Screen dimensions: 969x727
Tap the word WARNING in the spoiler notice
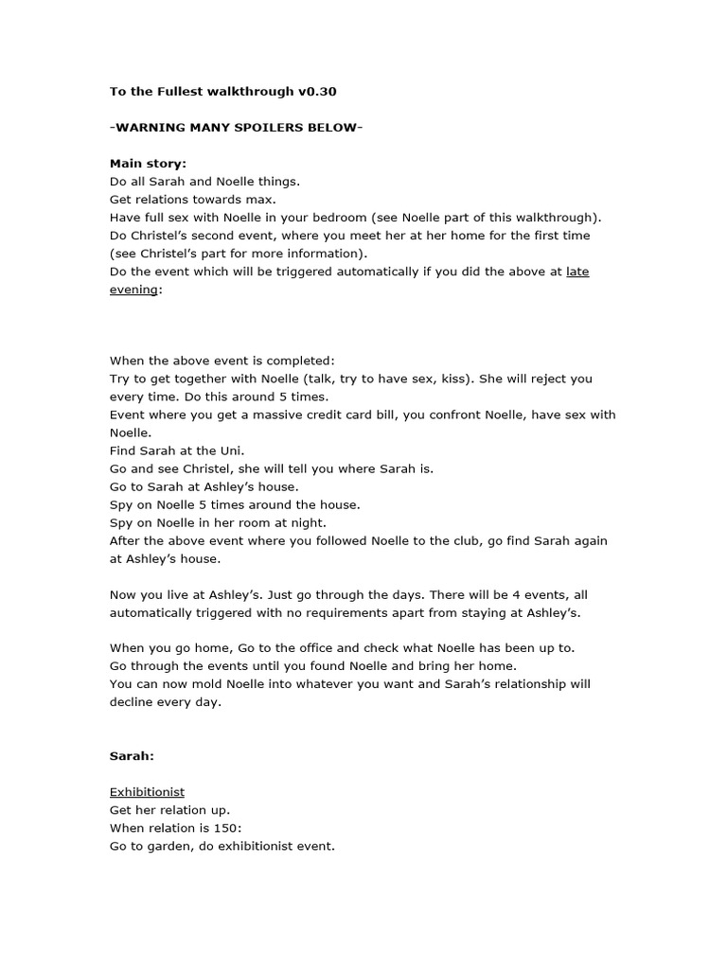[x=151, y=128]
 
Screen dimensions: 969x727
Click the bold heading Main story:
[x=148, y=164]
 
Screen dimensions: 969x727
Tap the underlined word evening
[x=133, y=289]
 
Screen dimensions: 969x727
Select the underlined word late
[x=577, y=271]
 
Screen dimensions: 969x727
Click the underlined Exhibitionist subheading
[x=147, y=792]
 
